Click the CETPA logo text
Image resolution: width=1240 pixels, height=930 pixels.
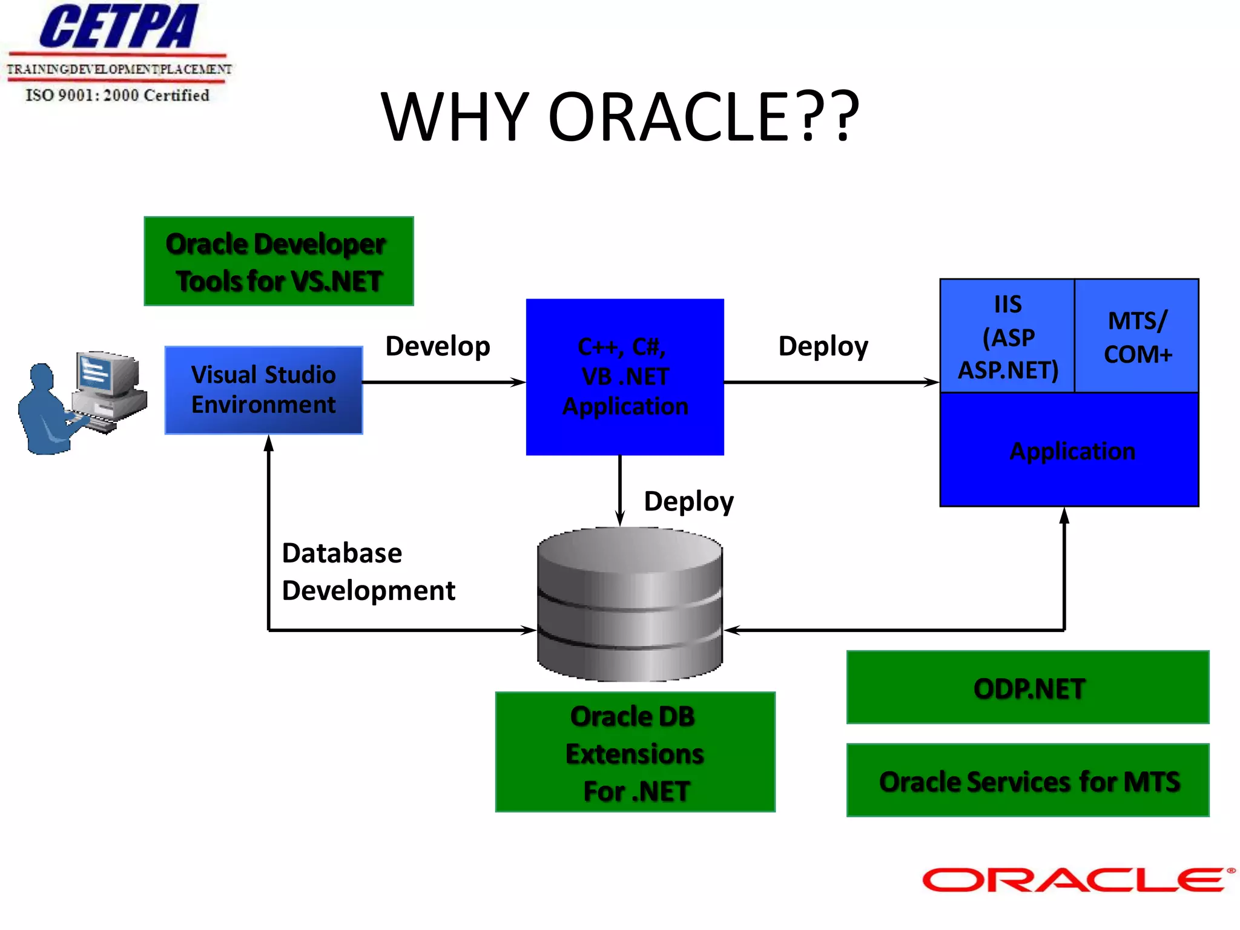(x=118, y=27)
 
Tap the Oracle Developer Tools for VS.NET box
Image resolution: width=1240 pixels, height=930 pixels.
(x=279, y=262)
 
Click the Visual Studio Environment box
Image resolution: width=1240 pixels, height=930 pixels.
(x=263, y=390)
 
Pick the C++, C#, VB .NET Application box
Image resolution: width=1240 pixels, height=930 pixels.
(x=625, y=377)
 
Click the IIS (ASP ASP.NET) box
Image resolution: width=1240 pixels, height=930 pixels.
(x=1007, y=336)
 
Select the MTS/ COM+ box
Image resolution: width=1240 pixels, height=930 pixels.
(x=1137, y=336)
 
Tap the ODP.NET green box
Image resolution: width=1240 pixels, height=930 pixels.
(x=1027, y=688)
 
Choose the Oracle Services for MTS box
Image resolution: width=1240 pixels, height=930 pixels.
(x=1027, y=781)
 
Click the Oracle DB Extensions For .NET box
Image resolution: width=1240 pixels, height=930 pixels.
(x=635, y=753)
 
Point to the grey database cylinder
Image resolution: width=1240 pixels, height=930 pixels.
(x=630, y=605)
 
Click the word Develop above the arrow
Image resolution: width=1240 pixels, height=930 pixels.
(x=437, y=346)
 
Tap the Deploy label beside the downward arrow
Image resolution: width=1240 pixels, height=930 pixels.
(x=688, y=501)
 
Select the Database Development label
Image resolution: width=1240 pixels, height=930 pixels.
(x=367, y=572)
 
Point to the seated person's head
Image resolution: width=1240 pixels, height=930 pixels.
(x=42, y=376)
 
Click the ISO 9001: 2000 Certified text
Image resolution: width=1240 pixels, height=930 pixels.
(x=117, y=95)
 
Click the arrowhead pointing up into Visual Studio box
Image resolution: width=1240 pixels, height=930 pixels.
(x=269, y=443)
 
